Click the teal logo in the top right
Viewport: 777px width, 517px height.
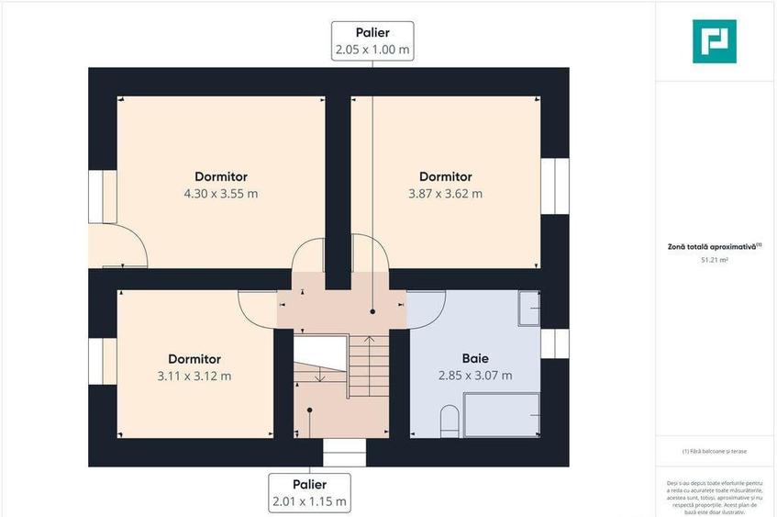[714, 40]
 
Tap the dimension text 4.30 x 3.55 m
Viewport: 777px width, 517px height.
[221, 194]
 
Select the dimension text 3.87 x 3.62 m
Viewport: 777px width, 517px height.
[445, 194]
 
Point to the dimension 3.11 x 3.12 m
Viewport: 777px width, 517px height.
[194, 376]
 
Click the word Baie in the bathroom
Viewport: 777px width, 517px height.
[474, 359]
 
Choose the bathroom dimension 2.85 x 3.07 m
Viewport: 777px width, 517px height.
[474, 376]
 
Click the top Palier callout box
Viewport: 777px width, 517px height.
[372, 41]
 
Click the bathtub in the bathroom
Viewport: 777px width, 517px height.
[501, 416]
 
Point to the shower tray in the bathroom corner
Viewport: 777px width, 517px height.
[528, 309]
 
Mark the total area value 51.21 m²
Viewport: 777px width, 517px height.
[715, 261]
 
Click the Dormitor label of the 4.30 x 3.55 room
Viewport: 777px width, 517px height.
[221, 176]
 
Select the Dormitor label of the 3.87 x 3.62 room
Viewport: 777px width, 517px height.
[445, 176]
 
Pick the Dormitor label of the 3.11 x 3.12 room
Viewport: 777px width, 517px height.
[194, 359]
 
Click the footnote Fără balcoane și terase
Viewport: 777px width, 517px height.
[716, 452]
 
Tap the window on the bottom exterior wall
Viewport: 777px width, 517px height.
[344, 453]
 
